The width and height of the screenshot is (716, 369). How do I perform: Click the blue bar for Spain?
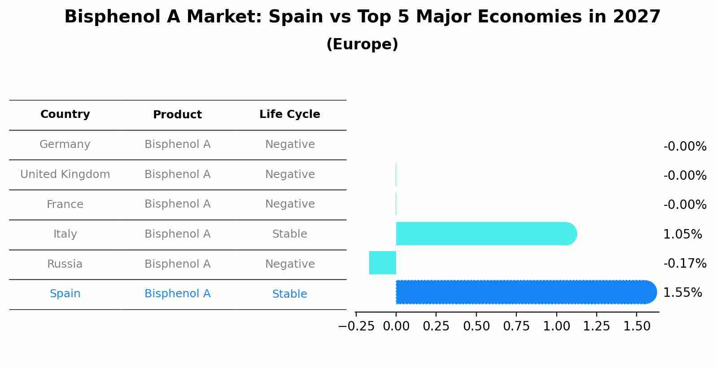(525, 292)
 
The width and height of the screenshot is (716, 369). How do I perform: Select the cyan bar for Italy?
(485, 234)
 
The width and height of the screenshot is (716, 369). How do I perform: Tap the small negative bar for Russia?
(382, 263)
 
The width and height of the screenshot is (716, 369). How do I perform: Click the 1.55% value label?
(682, 293)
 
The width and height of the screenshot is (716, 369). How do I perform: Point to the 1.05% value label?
(682, 234)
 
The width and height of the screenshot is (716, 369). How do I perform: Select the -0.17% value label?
(685, 263)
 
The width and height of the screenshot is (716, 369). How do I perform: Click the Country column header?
(65, 114)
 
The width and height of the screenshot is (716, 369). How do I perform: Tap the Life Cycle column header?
(289, 114)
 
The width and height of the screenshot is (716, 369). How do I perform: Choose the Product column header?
(177, 115)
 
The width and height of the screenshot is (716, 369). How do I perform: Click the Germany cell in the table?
(65, 144)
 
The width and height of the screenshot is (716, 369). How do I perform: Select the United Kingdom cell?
(65, 174)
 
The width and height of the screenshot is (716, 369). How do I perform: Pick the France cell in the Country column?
(65, 204)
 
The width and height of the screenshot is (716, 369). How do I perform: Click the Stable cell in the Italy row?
(289, 234)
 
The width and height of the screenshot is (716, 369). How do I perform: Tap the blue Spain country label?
(65, 294)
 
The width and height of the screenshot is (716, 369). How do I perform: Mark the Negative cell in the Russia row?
(289, 264)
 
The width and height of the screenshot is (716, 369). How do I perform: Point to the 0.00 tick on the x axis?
(396, 326)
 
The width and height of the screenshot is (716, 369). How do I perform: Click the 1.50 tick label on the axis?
(637, 326)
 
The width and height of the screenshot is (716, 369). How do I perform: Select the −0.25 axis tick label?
(356, 326)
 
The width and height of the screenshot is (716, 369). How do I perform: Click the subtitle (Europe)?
(362, 44)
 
